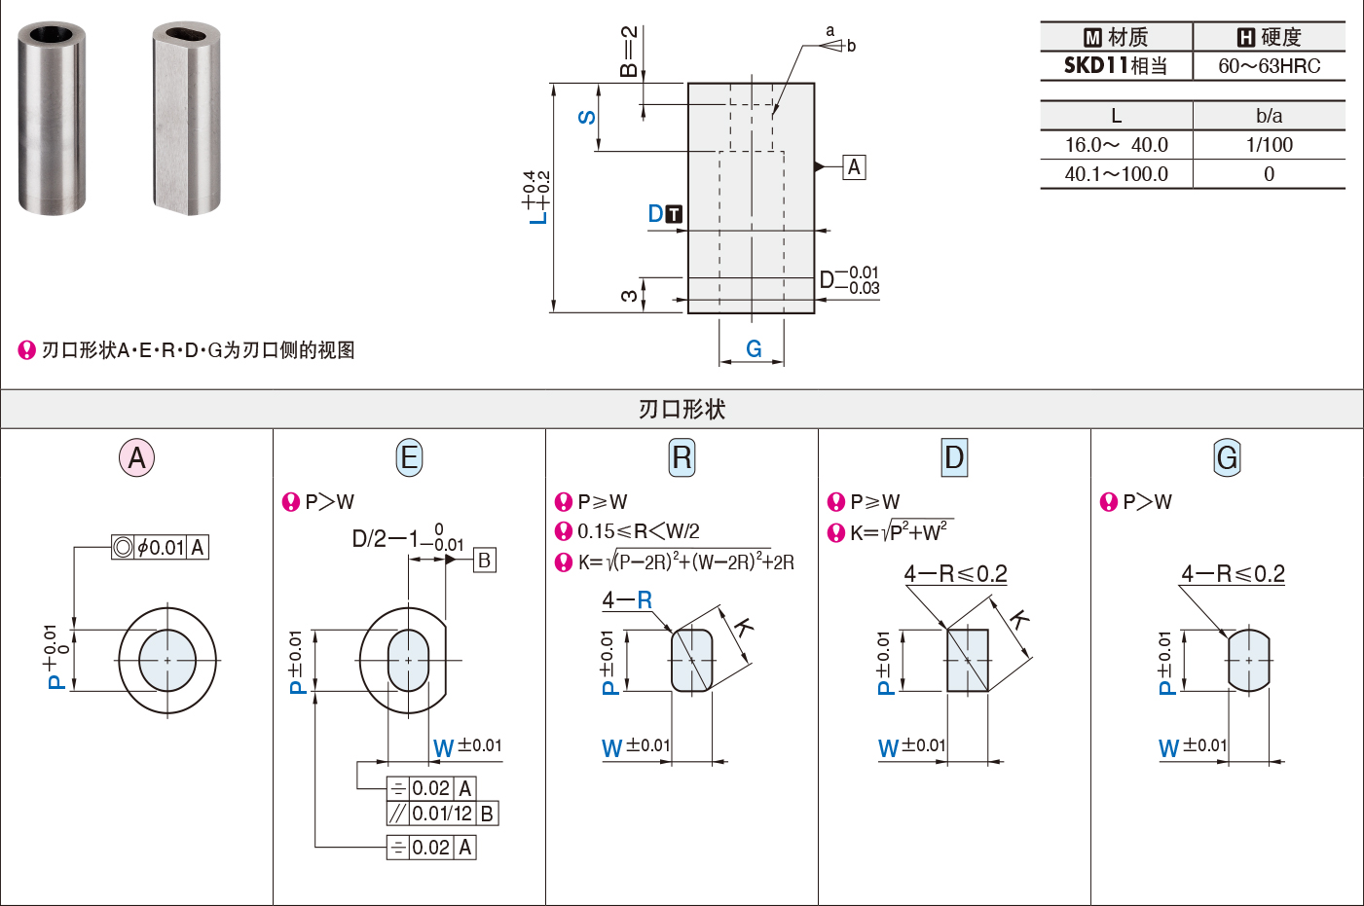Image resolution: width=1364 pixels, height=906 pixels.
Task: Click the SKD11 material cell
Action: [x=1115, y=66]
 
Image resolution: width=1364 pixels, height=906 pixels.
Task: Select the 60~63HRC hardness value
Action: [x=1269, y=66]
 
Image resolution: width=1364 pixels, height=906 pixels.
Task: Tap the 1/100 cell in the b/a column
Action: [x=1269, y=145]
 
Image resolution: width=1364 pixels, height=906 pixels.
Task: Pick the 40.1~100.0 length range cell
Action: [x=1116, y=174]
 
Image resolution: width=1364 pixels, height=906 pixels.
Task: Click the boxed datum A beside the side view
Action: [x=854, y=166]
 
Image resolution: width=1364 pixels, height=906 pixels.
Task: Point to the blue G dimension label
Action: [x=754, y=348]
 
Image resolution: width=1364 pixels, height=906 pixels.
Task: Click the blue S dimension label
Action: [x=586, y=117]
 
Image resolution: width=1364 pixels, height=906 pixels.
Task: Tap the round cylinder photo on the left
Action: [x=52, y=118]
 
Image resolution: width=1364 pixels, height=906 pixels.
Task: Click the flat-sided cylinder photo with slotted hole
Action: [x=186, y=118]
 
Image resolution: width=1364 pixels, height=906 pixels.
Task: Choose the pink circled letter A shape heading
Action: [x=136, y=457]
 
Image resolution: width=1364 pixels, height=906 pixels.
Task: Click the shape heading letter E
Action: [x=409, y=457]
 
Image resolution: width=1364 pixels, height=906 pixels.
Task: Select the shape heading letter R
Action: [x=682, y=457]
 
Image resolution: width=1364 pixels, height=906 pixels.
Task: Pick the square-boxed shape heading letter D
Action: [x=954, y=457]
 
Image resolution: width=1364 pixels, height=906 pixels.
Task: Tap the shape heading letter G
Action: [x=1227, y=457]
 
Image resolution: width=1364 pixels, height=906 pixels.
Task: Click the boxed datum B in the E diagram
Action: [x=485, y=560]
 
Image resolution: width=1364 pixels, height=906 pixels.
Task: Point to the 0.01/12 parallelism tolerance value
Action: [x=442, y=814]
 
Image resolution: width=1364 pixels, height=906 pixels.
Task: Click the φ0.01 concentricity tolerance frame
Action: [x=160, y=547]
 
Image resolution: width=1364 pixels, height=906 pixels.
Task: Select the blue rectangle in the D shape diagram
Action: [x=968, y=660]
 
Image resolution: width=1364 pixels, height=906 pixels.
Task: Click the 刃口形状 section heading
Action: [x=682, y=409]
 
